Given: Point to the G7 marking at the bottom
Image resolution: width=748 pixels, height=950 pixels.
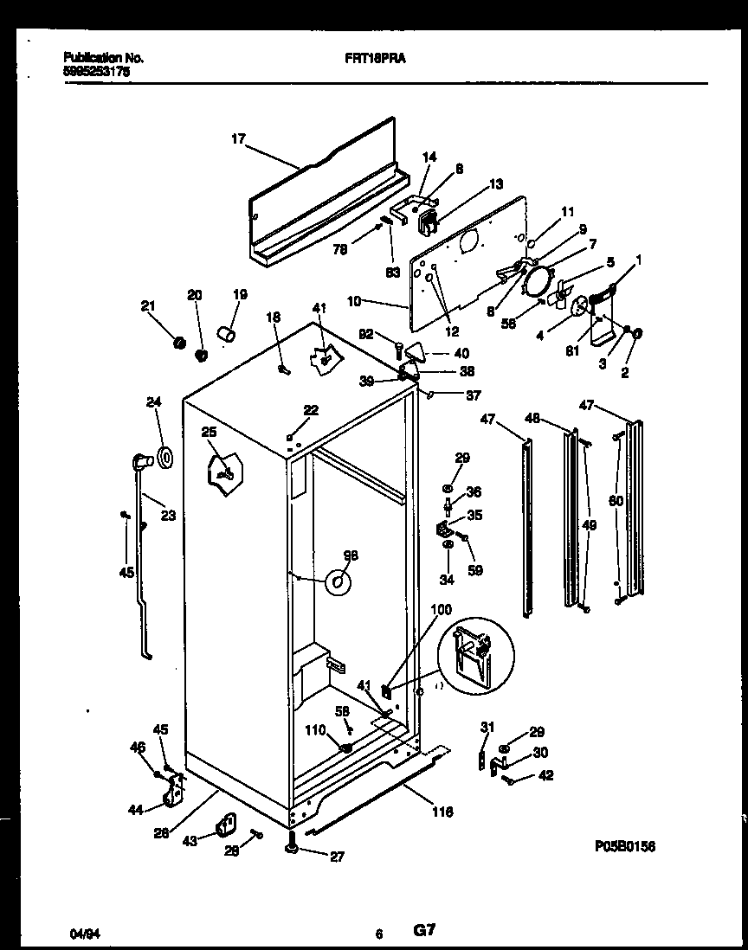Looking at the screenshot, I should coord(423,932).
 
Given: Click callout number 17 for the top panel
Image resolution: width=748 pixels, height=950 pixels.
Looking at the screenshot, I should coord(239,137).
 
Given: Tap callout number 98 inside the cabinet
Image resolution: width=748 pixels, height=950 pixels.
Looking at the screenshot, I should coord(350,555).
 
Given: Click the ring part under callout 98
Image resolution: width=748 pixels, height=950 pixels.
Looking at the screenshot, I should coord(338,584).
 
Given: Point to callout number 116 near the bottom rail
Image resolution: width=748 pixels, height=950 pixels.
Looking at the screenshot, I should coord(442,811).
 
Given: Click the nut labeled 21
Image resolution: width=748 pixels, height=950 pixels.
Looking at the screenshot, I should coord(180,343).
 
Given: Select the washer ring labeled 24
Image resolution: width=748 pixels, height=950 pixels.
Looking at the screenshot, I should coord(164,456).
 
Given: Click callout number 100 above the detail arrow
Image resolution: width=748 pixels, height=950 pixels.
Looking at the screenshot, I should coord(441,611).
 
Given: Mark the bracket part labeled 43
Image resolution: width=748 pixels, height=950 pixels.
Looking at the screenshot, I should coord(227,825).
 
